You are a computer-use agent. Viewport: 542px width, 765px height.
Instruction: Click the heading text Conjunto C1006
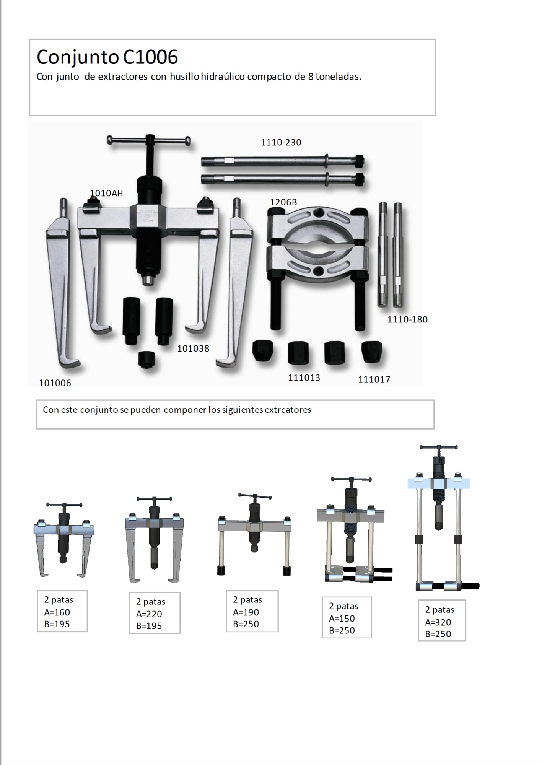click(107, 57)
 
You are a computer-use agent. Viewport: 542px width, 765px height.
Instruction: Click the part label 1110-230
click(281, 142)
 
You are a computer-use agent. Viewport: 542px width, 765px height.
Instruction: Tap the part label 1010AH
click(106, 193)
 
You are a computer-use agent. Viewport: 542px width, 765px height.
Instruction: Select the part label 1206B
click(283, 202)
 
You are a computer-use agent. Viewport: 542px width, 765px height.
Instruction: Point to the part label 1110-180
click(407, 319)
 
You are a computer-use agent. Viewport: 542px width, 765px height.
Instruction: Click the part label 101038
click(193, 348)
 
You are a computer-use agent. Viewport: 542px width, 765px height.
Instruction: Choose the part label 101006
click(55, 383)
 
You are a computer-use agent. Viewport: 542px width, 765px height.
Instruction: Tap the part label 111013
click(304, 378)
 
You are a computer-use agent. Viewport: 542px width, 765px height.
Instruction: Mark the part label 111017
click(374, 380)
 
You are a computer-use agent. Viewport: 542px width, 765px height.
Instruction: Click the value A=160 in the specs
click(57, 612)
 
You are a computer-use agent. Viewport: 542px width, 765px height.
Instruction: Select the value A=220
click(149, 614)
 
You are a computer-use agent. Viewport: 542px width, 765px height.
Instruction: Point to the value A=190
click(246, 612)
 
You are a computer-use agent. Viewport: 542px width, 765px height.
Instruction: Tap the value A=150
click(342, 619)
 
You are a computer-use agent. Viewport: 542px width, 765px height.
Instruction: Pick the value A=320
click(438, 622)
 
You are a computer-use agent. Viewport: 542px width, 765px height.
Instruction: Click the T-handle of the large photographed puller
click(149, 140)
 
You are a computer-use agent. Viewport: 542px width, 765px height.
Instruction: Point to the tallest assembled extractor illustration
click(444, 518)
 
